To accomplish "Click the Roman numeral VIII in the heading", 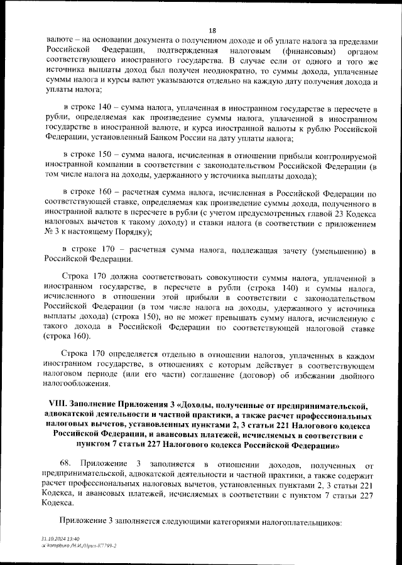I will pyautogui.click(x=59, y=406).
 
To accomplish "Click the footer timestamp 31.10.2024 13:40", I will pyautogui.click(x=60, y=539).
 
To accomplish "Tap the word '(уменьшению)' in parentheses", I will pyautogui.click(x=335, y=251).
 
